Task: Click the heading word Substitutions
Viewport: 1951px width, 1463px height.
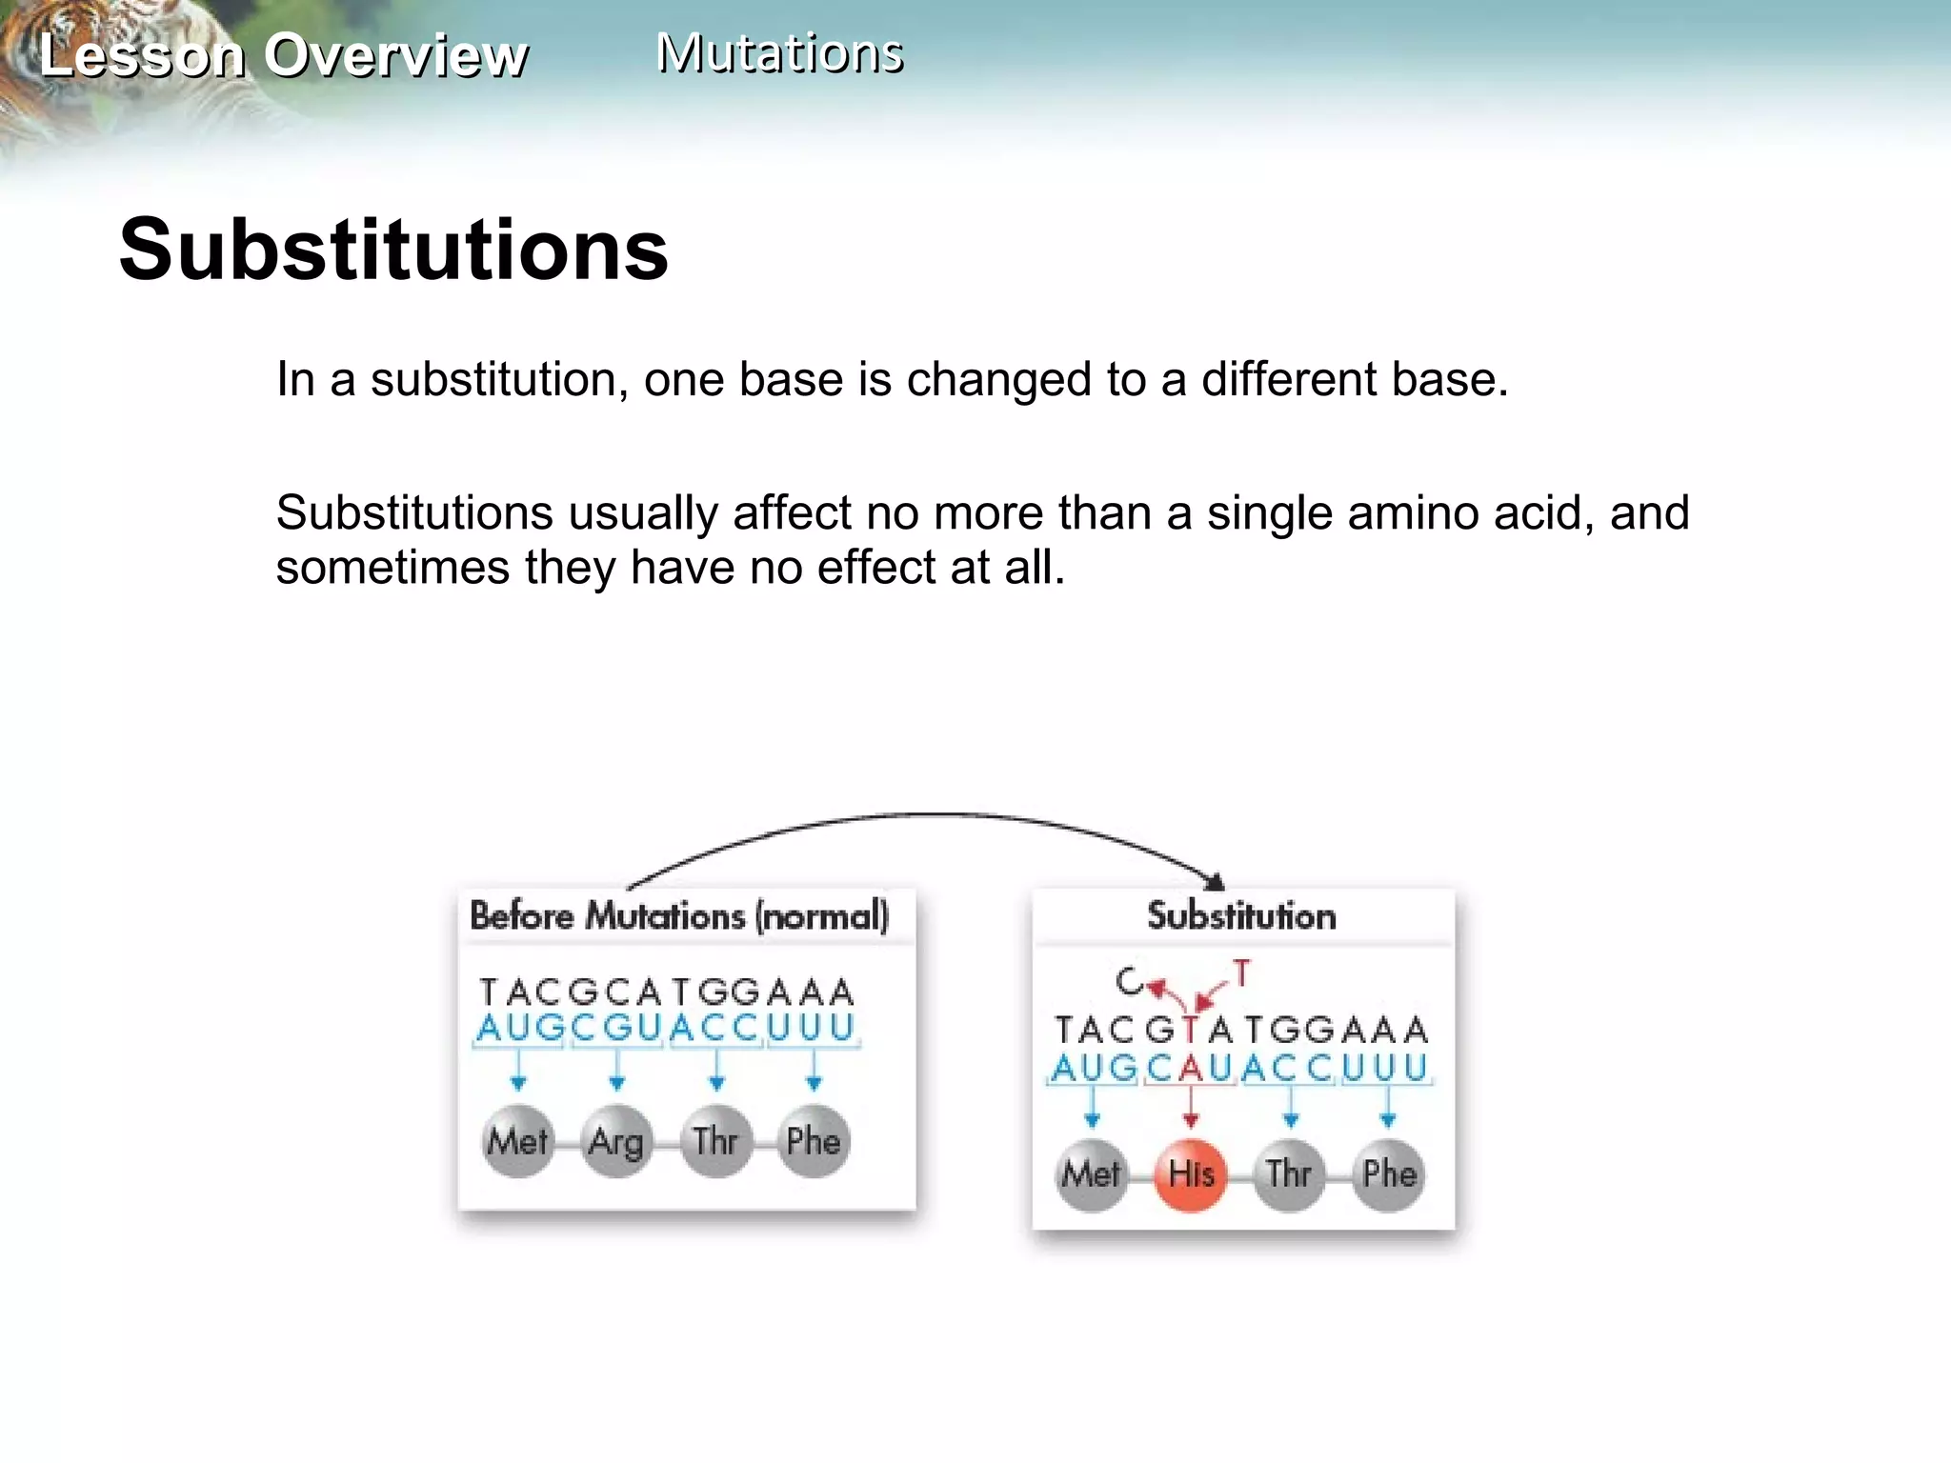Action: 393,250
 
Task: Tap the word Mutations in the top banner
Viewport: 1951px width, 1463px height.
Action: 779,52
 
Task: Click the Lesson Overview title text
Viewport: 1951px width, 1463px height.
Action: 283,55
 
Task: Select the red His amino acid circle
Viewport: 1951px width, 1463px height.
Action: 1190,1174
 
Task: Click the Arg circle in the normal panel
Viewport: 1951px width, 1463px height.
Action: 616,1141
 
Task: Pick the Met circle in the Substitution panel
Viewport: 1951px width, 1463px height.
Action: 1092,1174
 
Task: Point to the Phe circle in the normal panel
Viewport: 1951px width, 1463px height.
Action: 813,1141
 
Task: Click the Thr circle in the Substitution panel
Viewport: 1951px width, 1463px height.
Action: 1289,1174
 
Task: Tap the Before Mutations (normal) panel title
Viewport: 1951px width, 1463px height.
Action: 679,916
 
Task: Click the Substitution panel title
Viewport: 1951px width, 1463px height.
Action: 1241,916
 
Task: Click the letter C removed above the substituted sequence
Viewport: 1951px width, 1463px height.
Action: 1128,981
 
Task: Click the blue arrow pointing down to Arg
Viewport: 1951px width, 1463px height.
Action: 616,1072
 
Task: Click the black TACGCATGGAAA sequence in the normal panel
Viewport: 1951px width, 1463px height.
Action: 667,992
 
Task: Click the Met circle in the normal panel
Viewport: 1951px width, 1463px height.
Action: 517,1141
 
